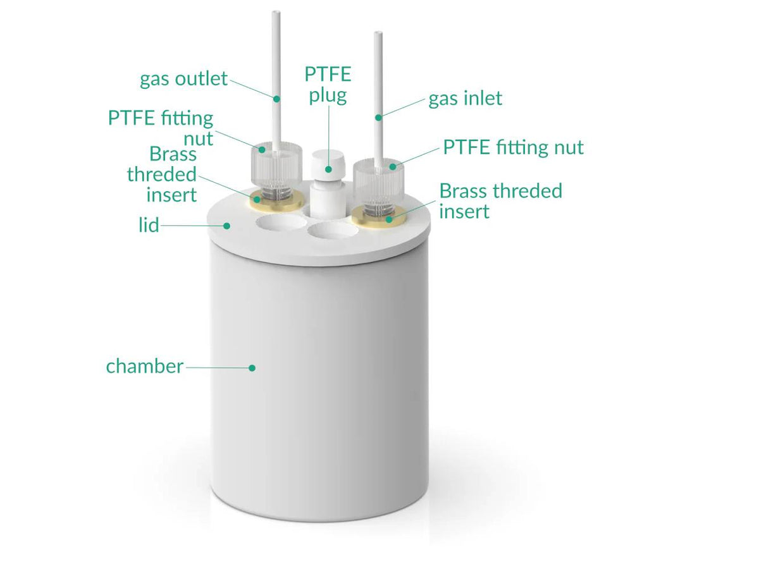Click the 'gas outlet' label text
[x=183, y=79]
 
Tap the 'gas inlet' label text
[x=465, y=99]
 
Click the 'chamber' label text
[x=144, y=366]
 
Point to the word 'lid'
[x=149, y=224]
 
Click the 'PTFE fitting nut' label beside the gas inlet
[x=512, y=147]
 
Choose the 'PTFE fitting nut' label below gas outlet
[x=161, y=128]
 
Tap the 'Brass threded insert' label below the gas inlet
[x=500, y=200]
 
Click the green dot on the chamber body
[x=252, y=367]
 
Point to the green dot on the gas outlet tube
[x=276, y=98]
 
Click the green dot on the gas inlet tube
[x=378, y=117]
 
